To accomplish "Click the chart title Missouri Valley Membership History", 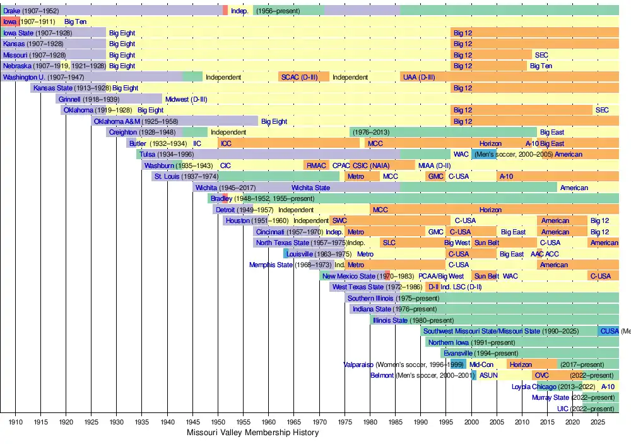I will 252,433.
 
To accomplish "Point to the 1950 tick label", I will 218,421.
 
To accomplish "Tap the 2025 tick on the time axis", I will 598,421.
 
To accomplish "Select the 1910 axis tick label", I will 16,421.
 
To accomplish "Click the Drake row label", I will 11,10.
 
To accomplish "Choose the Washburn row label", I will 159,165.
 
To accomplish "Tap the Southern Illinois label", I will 370,298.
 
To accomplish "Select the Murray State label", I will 550,397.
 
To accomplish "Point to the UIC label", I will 563,409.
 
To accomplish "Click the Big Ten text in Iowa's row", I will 76,21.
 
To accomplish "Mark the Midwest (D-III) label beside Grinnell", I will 186,99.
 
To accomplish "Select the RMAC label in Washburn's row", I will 316,165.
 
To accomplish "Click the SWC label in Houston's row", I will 339,220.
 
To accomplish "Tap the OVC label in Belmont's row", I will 541,375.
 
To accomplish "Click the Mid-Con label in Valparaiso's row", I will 481,364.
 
